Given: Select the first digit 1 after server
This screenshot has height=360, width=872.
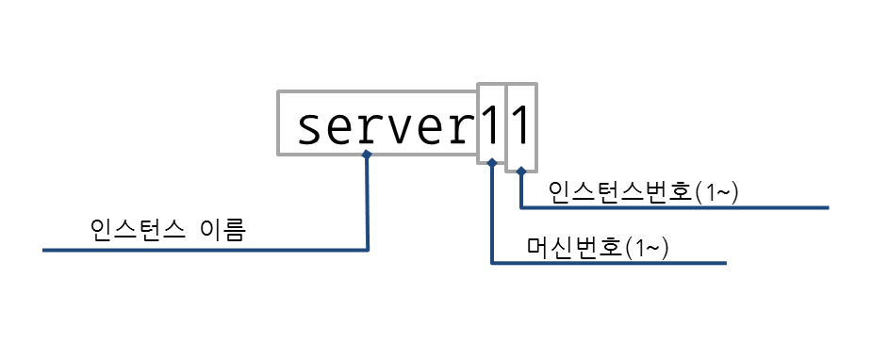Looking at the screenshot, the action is click(x=491, y=125).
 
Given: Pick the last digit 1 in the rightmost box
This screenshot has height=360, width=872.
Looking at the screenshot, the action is click(x=519, y=125).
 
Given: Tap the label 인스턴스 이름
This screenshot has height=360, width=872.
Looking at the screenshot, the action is click(x=167, y=229).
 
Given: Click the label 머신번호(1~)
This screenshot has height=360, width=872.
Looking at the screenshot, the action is click(x=598, y=248).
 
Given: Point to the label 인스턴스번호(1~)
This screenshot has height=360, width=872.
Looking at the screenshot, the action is click(x=643, y=192).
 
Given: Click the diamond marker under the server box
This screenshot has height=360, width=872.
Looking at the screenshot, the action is click(x=366, y=155).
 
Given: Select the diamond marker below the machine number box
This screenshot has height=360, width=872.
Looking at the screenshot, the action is click(x=491, y=162).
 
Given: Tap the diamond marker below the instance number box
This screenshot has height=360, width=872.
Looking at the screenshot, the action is click(x=520, y=171).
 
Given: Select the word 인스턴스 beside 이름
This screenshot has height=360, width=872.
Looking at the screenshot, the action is click(x=138, y=229).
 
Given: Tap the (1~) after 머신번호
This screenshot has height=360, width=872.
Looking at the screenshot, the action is click(x=647, y=249).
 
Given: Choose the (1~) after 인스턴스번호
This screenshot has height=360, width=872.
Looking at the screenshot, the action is click(x=716, y=193).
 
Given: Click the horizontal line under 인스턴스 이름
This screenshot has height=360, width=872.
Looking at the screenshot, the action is click(x=206, y=250).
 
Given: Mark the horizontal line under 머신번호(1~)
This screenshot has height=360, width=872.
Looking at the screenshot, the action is click(x=609, y=263).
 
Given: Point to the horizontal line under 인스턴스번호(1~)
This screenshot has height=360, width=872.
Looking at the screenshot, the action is click(x=675, y=207).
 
